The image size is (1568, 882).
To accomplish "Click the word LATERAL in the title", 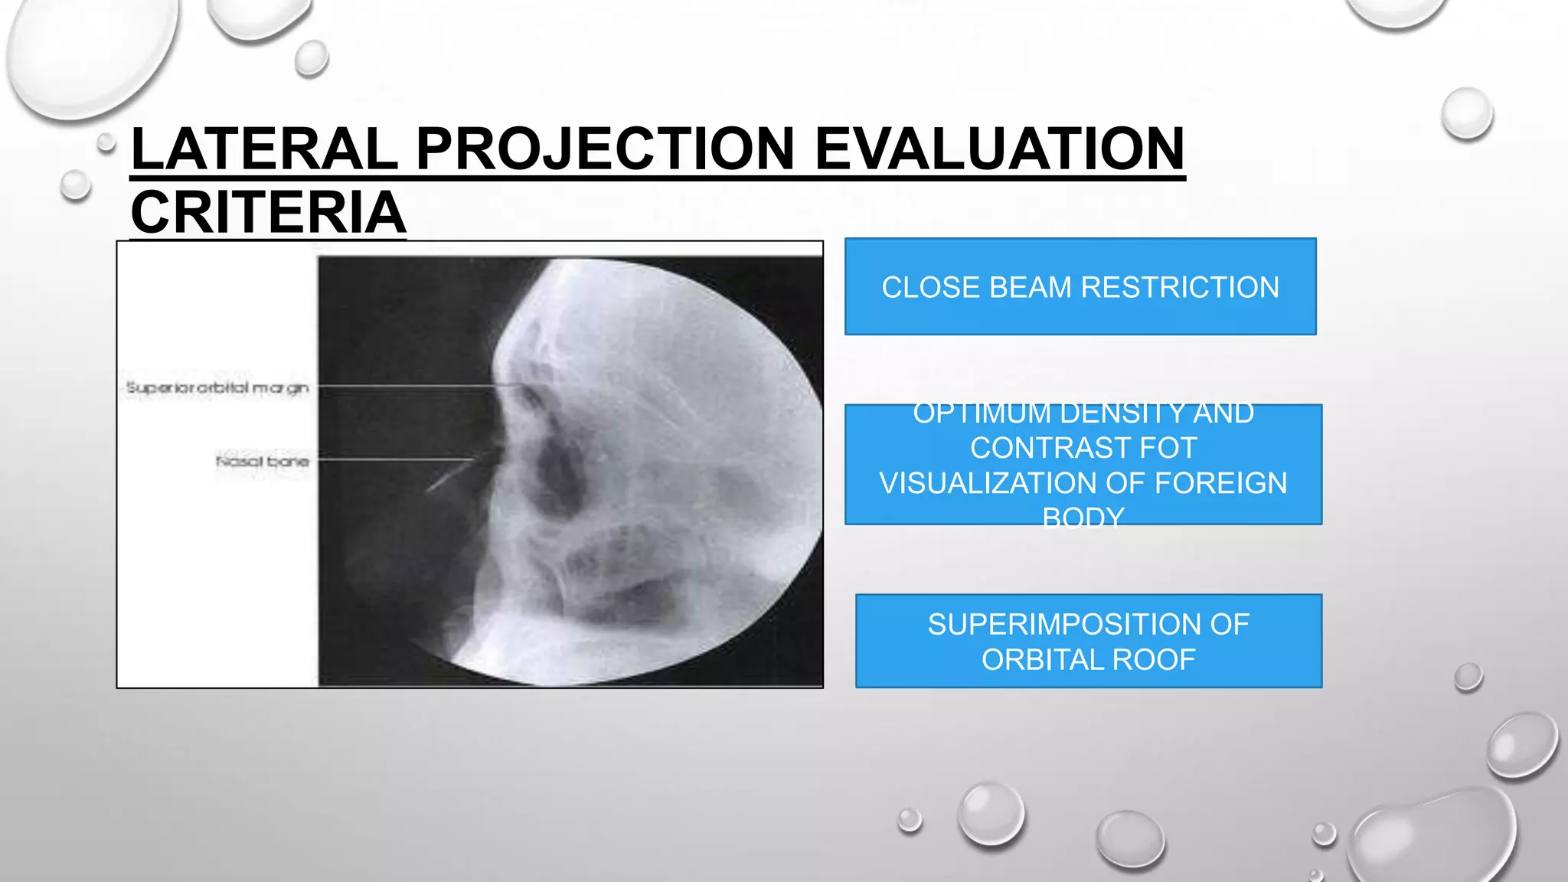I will click(x=264, y=149).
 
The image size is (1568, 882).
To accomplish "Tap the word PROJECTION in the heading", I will click(x=605, y=149).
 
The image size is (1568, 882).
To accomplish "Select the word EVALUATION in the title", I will click(x=999, y=149).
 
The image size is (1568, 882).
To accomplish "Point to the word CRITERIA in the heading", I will click(x=268, y=213).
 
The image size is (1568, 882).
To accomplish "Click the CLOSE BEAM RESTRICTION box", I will click(x=1080, y=286).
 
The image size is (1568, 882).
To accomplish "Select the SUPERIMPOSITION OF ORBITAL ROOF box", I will click(x=1088, y=641).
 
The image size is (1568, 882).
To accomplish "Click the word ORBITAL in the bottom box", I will click(x=1040, y=659).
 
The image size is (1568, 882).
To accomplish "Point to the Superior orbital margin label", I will click(x=217, y=388).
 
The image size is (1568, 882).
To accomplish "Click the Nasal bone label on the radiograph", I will click(x=263, y=461).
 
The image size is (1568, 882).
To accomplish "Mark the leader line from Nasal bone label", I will click(x=390, y=459).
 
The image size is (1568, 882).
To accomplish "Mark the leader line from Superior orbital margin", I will click(x=406, y=386).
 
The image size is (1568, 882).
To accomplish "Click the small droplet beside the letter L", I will click(x=106, y=142).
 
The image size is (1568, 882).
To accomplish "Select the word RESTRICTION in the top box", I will click(x=1180, y=287).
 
